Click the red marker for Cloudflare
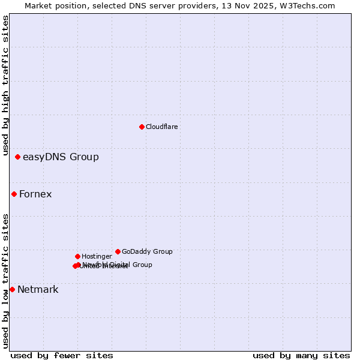click(142, 127)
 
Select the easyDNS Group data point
click(17, 157)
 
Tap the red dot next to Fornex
click(14, 194)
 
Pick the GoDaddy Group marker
click(118, 251)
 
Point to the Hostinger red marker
click(77, 256)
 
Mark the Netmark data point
click(12, 289)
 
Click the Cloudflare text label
click(162, 127)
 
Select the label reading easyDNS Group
click(61, 157)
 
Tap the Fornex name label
click(35, 194)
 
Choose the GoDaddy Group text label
click(147, 251)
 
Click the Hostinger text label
click(97, 256)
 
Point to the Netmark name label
click(38, 290)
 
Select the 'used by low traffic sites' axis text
click(5, 280)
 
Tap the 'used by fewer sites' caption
click(62, 355)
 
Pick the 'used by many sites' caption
click(301, 355)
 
